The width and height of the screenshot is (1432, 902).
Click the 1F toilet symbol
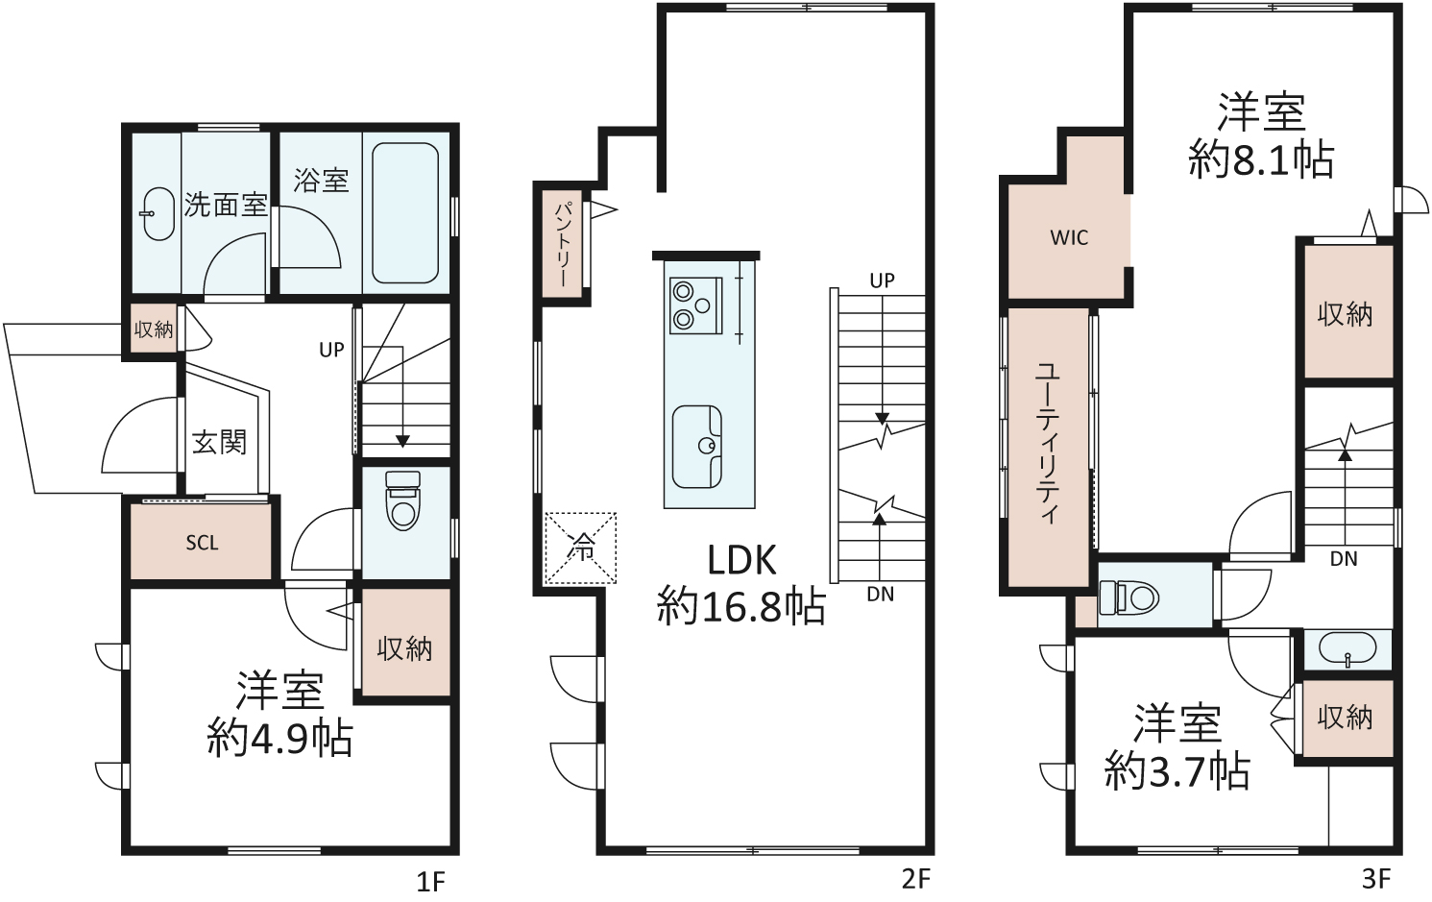pyautogui.click(x=402, y=500)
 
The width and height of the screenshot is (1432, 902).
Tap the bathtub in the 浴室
pyautogui.click(x=405, y=213)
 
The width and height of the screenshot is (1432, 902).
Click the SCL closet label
pyautogui.click(x=202, y=543)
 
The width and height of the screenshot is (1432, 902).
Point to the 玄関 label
pyautogui.click(x=219, y=442)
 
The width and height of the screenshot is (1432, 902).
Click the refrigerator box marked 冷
pyautogui.click(x=580, y=549)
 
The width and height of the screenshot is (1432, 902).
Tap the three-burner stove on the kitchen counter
pyautogui.click(x=695, y=305)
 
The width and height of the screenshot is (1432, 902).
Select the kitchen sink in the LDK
pyautogui.click(x=697, y=447)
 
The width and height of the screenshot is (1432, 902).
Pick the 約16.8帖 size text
pyautogui.click(x=741, y=605)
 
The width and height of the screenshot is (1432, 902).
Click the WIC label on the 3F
pyautogui.click(x=1069, y=238)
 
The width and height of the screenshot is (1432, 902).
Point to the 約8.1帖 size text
pyautogui.click(x=1261, y=159)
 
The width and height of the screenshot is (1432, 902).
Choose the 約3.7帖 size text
pyautogui.click(x=1177, y=771)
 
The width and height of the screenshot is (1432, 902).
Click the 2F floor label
pyautogui.click(x=915, y=880)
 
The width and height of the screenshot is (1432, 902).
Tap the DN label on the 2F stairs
pyautogui.click(x=881, y=595)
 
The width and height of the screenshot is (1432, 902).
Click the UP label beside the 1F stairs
pyautogui.click(x=331, y=349)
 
